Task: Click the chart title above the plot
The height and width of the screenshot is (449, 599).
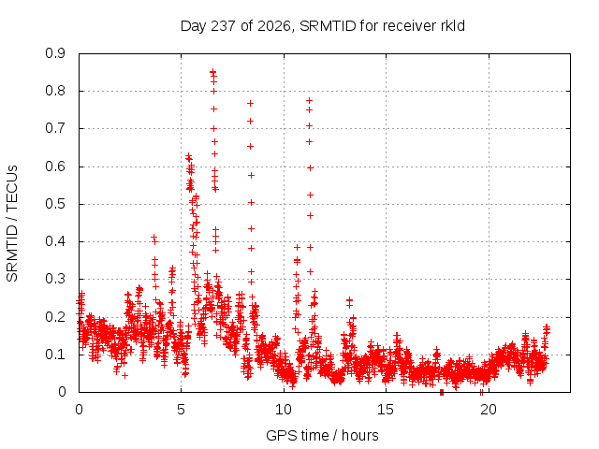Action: pyautogui.click(x=322, y=26)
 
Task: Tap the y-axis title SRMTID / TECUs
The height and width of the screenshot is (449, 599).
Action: pyautogui.click(x=12, y=224)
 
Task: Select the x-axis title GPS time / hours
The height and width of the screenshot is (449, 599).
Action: pyautogui.click(x=322, y=435)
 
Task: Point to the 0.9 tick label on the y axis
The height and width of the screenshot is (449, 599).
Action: pyautogui.click(x=56, y=53)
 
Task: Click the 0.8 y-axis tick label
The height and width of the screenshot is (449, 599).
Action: pyautogui.click(x=56, y=91)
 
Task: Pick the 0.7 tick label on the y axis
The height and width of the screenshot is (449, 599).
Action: pyautogui.click(x=56, y=128)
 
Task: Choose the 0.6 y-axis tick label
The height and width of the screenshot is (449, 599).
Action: pyautogui.click(x=56, y=167)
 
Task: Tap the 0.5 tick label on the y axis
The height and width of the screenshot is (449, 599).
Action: pyautogui.click(x=56, y=204)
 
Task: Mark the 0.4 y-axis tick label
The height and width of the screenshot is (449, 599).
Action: pyautogui.click(x=56, y=241)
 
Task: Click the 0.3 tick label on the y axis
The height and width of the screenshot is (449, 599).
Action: pyautogui.click(x=56, y=279)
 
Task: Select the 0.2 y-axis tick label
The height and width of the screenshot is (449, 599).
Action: pyautogui.click(x=56, y=317)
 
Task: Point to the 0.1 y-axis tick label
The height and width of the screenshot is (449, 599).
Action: pyautogui.click(x=56, y=355)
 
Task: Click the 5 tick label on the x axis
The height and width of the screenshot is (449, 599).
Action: pyautogui.click(x=181, y=410)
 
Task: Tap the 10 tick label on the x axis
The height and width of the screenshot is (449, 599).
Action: pyautogui.click(x=284, y=410)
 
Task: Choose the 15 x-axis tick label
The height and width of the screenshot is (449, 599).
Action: pyautogui.click(x=386, y=410)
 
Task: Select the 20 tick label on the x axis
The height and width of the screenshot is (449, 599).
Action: pyautogui.click(x=489, y=410)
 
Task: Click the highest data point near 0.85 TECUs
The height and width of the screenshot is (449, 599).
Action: pyautogui.click(x=212, y=71)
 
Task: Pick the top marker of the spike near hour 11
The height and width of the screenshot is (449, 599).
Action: pyautogui.click(x=310, y=100)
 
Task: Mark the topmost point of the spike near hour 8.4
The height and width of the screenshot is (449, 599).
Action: pyautogui.click(x=250, y=103)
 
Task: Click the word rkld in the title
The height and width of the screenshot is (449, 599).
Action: pyautogui.click(x=452, y=26)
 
